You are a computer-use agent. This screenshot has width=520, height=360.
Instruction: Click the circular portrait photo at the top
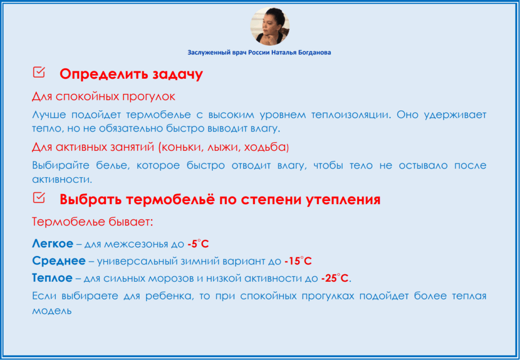coord(270,26)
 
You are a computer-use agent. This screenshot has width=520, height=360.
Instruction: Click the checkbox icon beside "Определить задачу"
coord(39,72)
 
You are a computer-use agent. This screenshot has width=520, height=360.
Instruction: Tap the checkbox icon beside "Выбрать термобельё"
coord(39,198)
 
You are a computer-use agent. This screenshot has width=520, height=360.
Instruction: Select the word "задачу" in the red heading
coord(178,74)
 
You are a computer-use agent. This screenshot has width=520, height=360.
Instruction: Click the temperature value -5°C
coord(198,244)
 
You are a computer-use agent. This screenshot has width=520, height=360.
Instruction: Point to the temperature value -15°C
coord(298,261)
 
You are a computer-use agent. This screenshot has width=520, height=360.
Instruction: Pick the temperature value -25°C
coord(335,278)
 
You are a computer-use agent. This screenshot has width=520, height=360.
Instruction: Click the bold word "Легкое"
coord(52,244)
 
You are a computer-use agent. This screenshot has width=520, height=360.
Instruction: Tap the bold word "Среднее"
coord(59,261)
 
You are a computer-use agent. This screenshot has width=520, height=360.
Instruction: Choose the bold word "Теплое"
coord(52,278)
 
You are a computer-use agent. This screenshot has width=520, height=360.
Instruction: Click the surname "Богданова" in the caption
coord(315,52)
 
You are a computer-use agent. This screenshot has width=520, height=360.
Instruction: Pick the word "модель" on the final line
coord(52,311)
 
